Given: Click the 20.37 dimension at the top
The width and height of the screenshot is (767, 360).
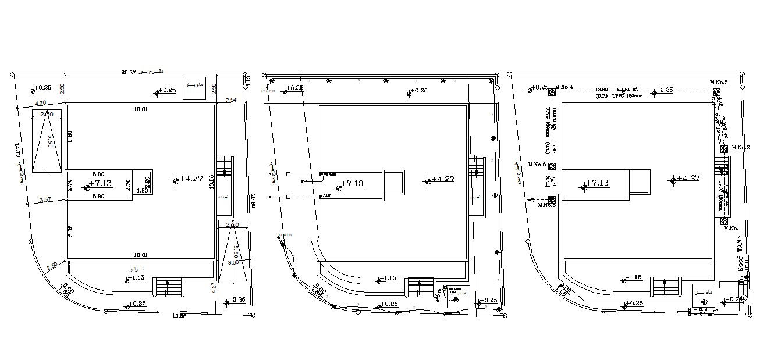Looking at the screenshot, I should [128, 72].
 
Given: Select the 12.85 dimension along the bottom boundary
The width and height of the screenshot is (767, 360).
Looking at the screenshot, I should [180, 316].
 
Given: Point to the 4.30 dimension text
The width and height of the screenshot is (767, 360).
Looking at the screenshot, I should [41, 103].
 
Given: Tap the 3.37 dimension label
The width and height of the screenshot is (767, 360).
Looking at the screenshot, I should [45, 200].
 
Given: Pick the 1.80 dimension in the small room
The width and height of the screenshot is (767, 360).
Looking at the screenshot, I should [141, 190].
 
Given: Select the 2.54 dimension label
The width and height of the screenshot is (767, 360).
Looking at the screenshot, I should [231, 101].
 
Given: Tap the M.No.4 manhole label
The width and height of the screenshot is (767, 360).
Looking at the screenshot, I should [564, 87].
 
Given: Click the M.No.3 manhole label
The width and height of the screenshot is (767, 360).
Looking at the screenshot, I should [719, 83].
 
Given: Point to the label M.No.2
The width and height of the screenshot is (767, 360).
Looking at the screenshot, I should [740, 148].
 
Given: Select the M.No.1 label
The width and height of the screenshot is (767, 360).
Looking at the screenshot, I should [733, 229].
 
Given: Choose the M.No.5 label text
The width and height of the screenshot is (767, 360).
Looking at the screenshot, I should [537, 165].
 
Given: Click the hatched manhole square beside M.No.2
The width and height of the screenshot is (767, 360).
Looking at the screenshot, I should [724, 149].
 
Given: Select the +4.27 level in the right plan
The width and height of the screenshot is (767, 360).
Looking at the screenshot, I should [687, 179].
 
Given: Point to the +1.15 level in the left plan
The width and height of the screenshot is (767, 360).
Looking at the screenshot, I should [137, 279].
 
